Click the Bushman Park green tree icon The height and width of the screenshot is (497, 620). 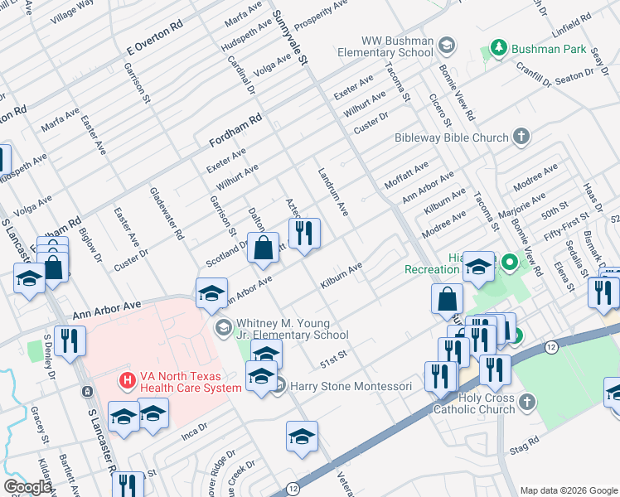pyautogui.click(x=498, y=48)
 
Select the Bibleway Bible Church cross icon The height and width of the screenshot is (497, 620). pyautogui.click(x=521, y=137)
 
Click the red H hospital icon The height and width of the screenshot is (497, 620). pyautogui.click(x=127, y=380)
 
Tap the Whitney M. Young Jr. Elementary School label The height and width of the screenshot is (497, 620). pyautogui.click(x=292, y=329)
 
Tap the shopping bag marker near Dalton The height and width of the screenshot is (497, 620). pyautogui.click(x=263, y=248)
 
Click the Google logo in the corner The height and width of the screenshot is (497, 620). pyautogui.click(x=27, y=487)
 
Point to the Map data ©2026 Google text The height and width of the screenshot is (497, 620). pyautogui.click(x=568, y=490)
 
